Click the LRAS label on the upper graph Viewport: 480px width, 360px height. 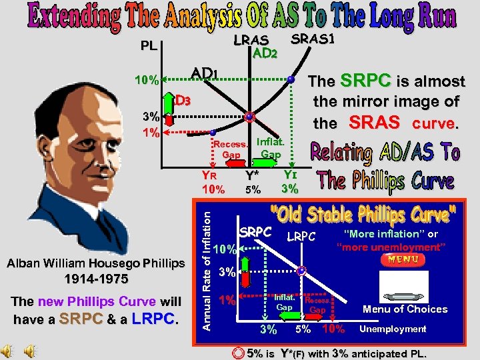pyautogui.click(x=251, y=41)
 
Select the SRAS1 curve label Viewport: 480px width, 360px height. pyautogui.click(x=313, y=39)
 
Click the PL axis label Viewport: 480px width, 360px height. pyautogui.click(x=150, y=48)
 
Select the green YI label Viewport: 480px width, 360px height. pyautogui.click(x=289, y=175)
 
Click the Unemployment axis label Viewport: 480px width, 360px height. pyautogui.click(x=393, y=329)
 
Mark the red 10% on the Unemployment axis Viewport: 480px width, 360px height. pyautogui.click(x=333, y=329)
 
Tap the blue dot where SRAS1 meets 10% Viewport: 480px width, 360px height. pyautogui.click(x=291, y=80)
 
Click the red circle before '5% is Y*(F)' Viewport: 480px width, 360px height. pyautogui.click(x=237, y=353)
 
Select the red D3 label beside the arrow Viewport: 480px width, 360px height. pyautogui.click(x=183, y=101)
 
